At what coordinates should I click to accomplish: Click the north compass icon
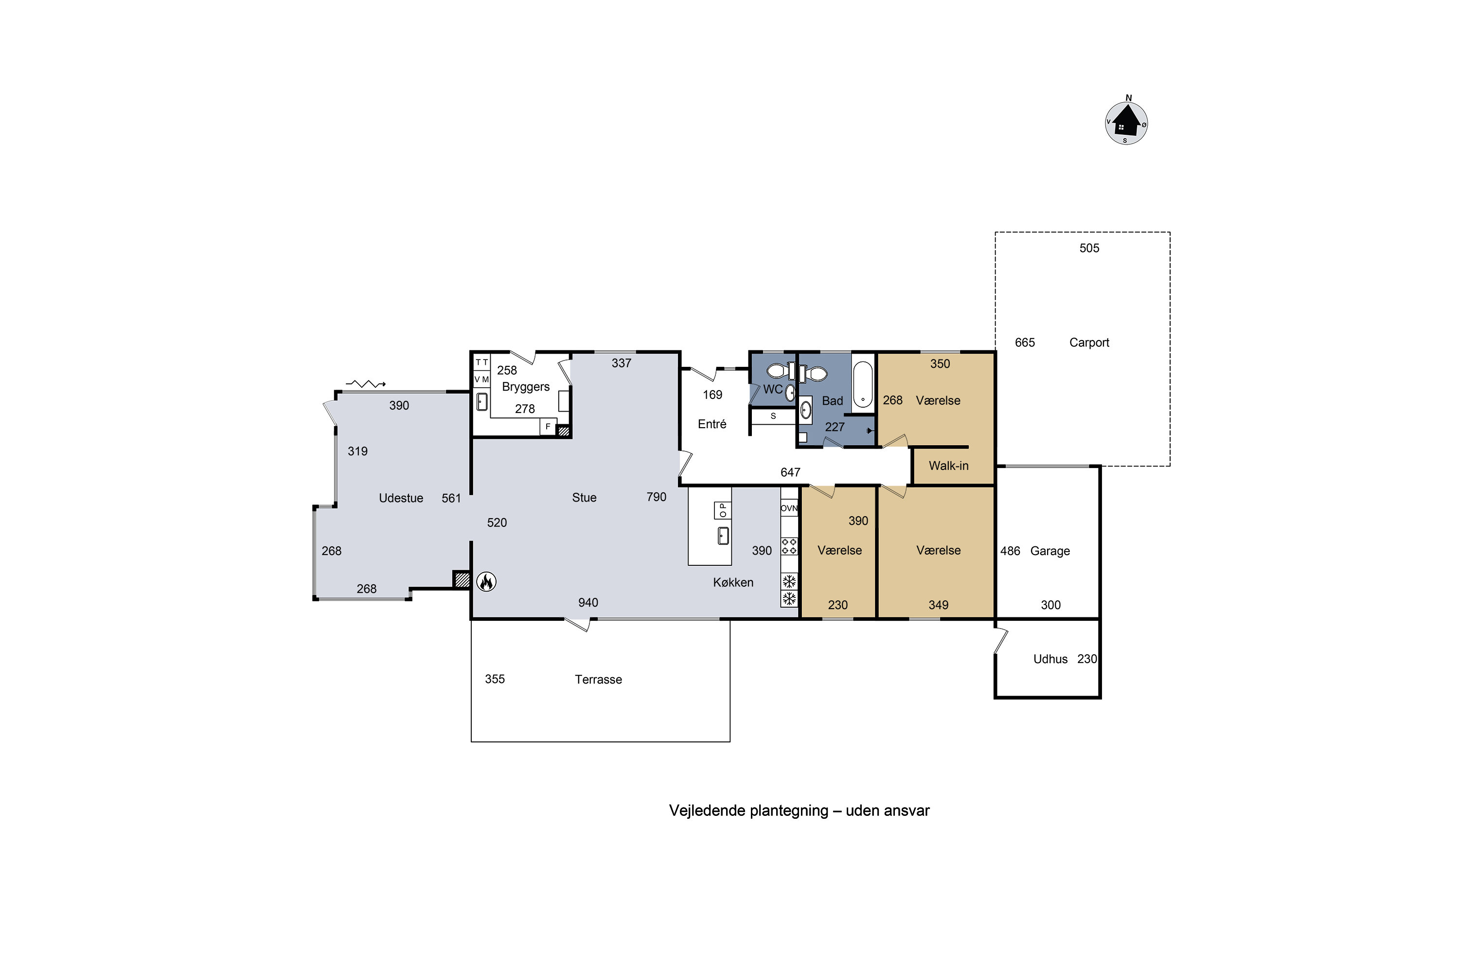click(1126, 122)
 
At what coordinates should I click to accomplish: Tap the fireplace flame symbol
click(486, 581)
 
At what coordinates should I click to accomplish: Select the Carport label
click(1089, 342)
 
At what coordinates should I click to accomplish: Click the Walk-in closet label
click(948, 466)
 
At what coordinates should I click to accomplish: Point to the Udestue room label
click(401, 498)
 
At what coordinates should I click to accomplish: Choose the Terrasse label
click(598, 680)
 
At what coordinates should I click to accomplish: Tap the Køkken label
click(733, 582)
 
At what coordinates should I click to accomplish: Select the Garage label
click(1050, 551)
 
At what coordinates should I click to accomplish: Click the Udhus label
click(1050, 659)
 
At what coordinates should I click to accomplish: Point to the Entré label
click(712, 424)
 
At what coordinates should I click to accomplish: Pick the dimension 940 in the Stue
click(588, 603)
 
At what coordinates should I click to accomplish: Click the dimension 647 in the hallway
click(790, 472)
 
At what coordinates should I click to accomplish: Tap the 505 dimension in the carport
click(1089, 248)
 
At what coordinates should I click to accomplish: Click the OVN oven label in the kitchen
click(789, 508)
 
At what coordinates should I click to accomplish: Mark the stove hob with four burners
click(789, 546)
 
